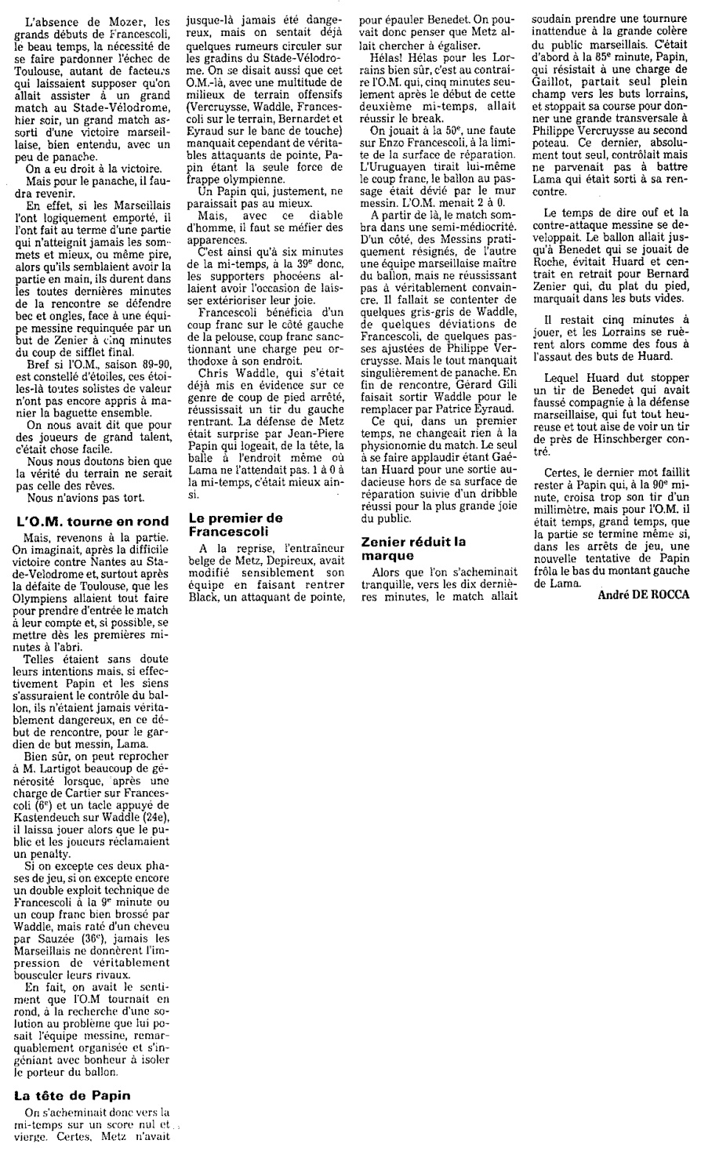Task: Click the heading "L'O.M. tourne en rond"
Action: (91, 522)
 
